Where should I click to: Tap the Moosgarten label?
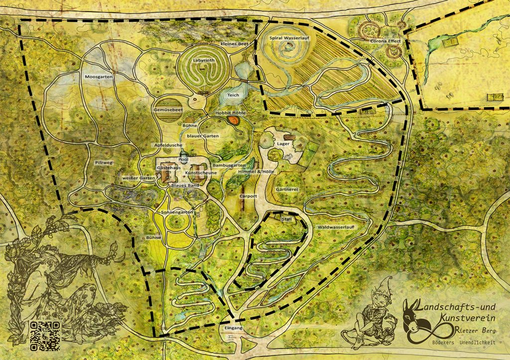click(99, 77)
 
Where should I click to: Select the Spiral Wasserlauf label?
click(289, 38)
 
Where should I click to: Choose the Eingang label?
click(233, 329)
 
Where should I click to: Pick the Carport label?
click(248, 196)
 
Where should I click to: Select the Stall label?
click(286, 219)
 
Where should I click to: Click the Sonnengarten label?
click(177, 213)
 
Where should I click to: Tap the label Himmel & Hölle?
click(256, 171)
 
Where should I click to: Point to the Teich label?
click(234, 95)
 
